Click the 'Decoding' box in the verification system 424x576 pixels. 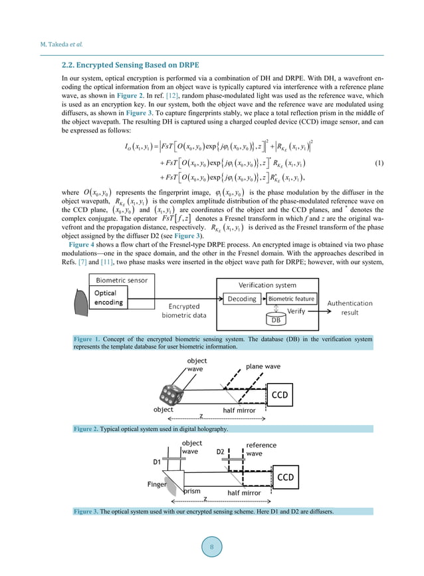(241, 299)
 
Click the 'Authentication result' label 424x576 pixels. (350, 307)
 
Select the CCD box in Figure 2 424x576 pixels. (280, 394)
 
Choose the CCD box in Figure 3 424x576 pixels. (285, 477)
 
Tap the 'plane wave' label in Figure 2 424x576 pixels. (263, 366)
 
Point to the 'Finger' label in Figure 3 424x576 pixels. (157, 484)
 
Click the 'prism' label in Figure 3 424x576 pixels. (192, 492)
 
